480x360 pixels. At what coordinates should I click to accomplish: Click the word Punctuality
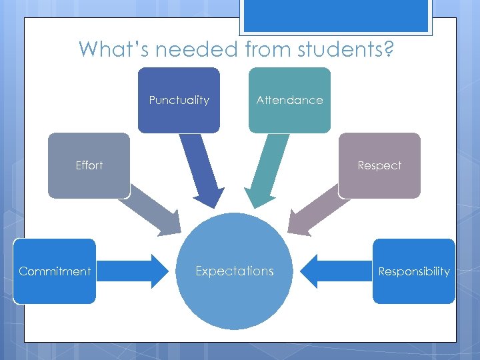pyautogui.click(x=179, y=100)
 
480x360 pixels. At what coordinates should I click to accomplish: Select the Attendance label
pyautogui.click(x=289, y=100)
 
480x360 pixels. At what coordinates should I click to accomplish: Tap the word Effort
pyautogui.click(x=89, y=165)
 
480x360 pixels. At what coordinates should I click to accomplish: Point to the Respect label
pyautogui.click(x=379, y=165)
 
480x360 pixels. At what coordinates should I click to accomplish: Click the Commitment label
pyautogui.click(x=55, y=271)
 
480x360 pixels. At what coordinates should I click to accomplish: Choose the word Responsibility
pyautogui.click(x=414, y=271)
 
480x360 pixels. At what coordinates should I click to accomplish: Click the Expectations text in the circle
pyautogui.click(x=234, y=271)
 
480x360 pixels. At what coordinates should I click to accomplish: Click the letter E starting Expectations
pyautogui.click(x=199, y=271)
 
